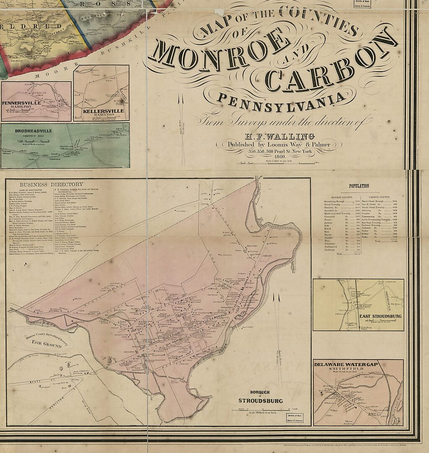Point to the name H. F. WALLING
[x=279, y=136]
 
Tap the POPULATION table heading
[x=359, y=186]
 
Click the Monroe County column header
[x=343, y=196]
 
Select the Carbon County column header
[x=380, y=196]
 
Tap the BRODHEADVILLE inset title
[x=34, y=131]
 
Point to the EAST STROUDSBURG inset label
[x=380, y=316]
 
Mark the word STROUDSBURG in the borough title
[x=261, y=401]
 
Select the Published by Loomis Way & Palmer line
[x=279, y=145]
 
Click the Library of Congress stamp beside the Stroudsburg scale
[x=295, y=418]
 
